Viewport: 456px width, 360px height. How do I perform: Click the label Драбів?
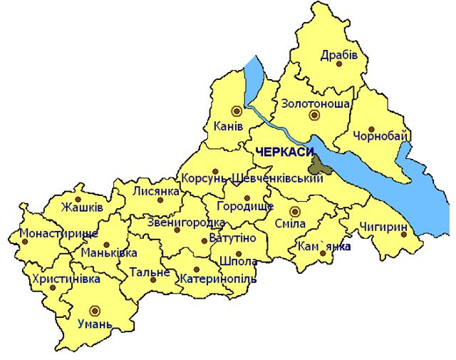point(338,54)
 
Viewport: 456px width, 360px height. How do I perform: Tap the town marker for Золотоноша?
point(313,115)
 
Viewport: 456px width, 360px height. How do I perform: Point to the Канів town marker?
point(237,110)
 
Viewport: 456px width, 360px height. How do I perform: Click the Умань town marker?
point(95,310)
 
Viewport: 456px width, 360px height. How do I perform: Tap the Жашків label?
point(82,207)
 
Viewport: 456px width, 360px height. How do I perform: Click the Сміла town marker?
point(294,211)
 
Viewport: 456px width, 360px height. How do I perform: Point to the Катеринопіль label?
point(218,278)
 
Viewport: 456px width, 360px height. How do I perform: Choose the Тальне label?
point(149,272)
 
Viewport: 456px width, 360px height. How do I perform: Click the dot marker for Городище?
point(247,198)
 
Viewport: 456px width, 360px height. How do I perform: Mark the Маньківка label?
point(109,253)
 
